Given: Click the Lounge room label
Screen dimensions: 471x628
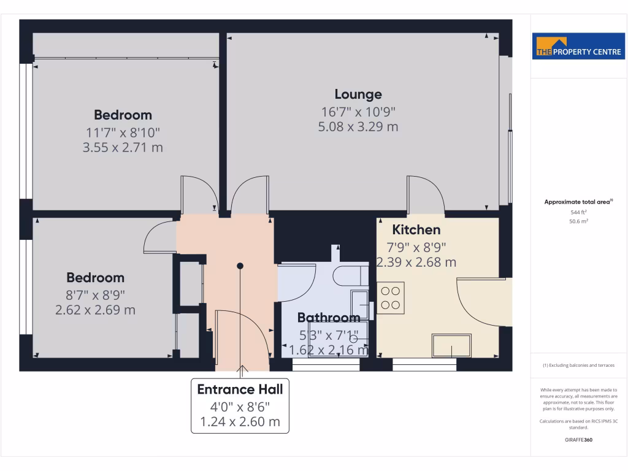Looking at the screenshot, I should click(x=358, y=94).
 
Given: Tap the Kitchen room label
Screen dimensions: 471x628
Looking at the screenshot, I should click(x=416, y=230).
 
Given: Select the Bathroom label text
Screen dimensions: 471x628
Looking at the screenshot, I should click(x=329, y=318).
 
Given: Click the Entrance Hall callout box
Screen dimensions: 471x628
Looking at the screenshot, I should click(x=240, y=405).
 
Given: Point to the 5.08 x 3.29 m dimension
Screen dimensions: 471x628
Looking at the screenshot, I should click(x=358, y=127).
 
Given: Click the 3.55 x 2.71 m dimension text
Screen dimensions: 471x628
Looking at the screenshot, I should click(x=123, y=147).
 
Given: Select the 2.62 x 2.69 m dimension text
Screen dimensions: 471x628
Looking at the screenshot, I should click(x=95, y=310).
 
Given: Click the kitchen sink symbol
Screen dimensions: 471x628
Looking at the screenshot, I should click(x=453, y=345).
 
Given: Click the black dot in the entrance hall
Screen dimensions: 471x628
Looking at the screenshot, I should click(x=240, y=266).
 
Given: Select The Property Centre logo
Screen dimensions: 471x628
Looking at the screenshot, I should click(x=580, y=47).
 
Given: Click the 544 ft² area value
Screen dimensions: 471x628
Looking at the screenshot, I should click(x=579, y=212).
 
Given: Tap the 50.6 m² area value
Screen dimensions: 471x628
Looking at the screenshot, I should click(x=579, y=221).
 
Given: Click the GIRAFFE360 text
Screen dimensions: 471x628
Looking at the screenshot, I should click(x=579, y=440).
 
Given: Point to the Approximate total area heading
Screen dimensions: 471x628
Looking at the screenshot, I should click(x=578, y=202).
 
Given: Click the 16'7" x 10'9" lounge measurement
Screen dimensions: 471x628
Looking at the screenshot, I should click(x=358, y=112).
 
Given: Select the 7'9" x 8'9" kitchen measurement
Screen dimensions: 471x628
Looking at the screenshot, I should click(x=416, y=247).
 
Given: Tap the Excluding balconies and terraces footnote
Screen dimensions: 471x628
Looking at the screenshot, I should click(x=578, y=366).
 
